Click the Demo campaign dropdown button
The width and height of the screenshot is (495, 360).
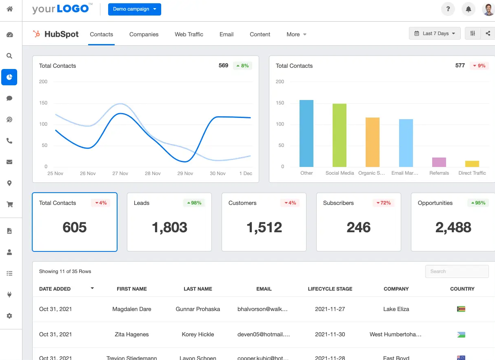(x=134, y=9)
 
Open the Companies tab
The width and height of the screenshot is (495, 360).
(x=144, y=34)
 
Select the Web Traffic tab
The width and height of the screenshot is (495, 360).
(x=189, y=34)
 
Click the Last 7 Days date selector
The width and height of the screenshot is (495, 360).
(x=435, y=33)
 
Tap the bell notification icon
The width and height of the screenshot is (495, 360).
(x=468, y=9)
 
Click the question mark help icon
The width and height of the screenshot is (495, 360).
(x=448, y=9)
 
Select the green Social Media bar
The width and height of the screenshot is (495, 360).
(x=339, y=135)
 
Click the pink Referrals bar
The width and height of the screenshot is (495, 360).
(x=439, y=162)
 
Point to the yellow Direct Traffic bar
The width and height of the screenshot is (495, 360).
(x=472, y=164)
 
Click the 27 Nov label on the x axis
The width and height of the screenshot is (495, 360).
(x=120, y=173)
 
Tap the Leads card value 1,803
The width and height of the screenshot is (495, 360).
(x=169, y=227)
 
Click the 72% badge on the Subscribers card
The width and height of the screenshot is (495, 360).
(x=383, y=203)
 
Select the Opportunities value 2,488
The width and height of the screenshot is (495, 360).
(x=453, y=227)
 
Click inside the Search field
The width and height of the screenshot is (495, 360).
(x=457, y=271)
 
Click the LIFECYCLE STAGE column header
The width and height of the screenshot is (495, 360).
(x=330, y=289)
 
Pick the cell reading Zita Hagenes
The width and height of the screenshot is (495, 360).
(x=131, y=334)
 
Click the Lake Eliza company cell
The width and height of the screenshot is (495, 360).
(x=396, y=309)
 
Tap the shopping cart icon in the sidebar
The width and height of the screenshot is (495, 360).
(x=9, y=204)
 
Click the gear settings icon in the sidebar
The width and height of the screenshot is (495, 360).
(x=9, y=316)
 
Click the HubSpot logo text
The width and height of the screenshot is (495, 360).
(x=61, y=34)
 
